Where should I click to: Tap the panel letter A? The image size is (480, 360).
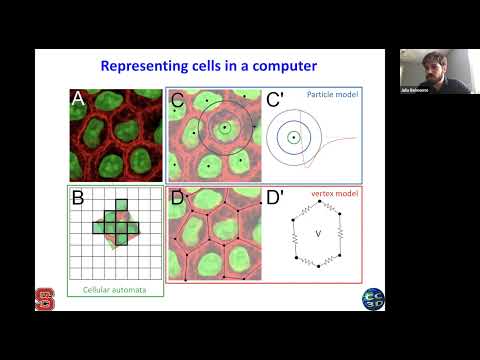(78, 99)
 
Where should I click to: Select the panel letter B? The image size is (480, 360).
(78, 198)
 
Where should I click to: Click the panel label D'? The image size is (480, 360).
(278, 198)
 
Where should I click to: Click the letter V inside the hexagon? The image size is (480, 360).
(317, 238)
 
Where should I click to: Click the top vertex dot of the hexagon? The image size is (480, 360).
(317, 200)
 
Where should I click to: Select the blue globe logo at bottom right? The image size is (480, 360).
(371, 298)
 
